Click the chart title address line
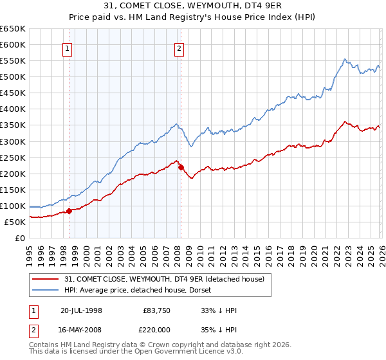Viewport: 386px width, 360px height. [193, 6]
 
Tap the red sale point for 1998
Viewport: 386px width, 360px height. [69, 211]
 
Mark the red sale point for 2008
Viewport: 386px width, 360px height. [181, 167]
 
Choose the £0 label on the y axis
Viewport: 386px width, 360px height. [21, 238]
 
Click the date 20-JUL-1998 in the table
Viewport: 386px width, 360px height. [81, 310]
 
